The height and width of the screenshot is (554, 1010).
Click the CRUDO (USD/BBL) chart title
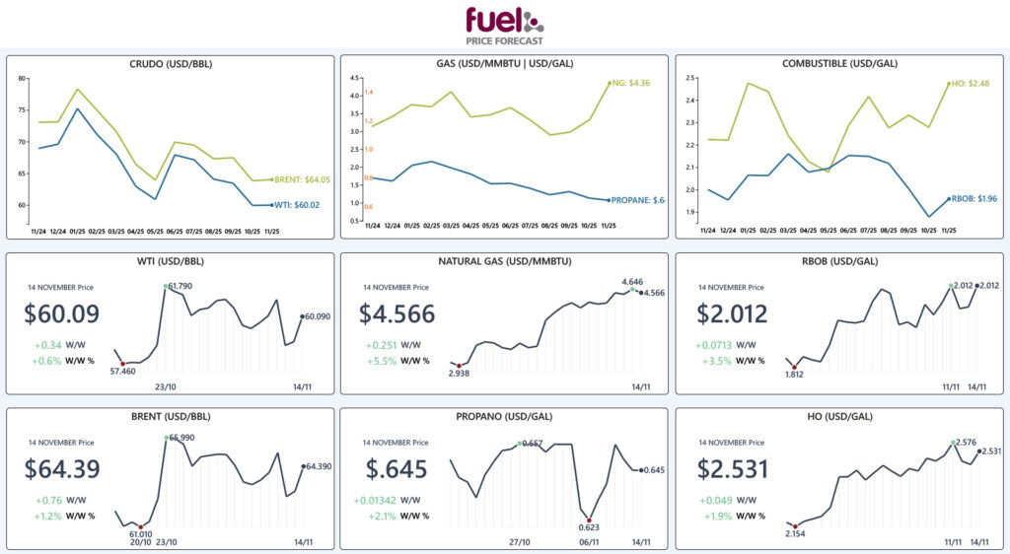[x=171, y=64]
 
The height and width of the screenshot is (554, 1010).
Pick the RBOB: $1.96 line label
[x=971, y=199]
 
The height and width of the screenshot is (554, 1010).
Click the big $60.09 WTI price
[x=62, y=314]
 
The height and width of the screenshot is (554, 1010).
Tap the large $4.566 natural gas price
[x=397, y=314]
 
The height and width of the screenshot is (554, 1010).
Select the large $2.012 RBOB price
[x=735, y=314]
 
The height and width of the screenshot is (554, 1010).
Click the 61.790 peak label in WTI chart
[x=180, y=286]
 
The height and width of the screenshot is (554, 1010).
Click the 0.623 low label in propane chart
[x=589, y=529]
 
